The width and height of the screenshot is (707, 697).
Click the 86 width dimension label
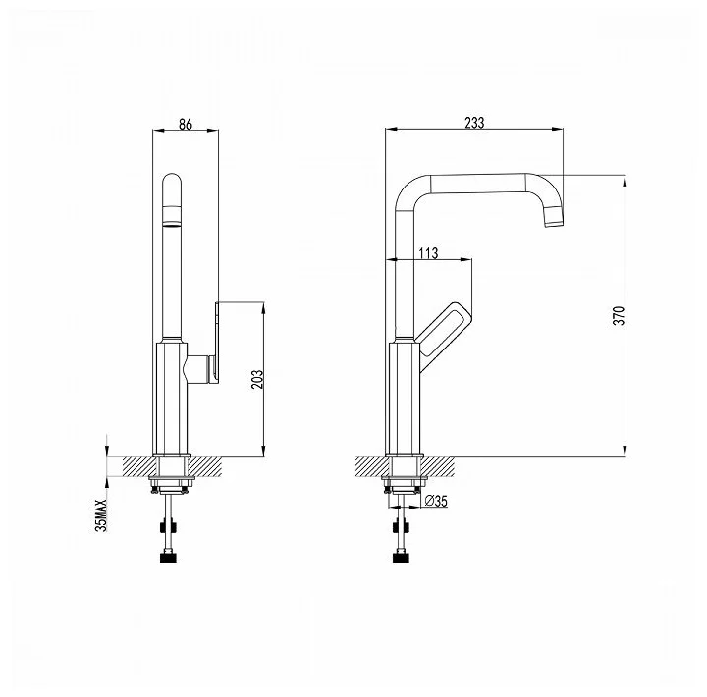(x=186, y=124)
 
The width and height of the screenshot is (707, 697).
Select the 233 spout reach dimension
(x=474, y=123)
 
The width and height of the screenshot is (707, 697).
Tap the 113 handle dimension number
(x=428, y=253)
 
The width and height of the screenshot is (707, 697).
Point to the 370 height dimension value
(x=620, y=315)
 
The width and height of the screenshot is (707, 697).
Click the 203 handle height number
(x=256, y=380)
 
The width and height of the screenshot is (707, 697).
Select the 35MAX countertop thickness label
(x=101, y=515)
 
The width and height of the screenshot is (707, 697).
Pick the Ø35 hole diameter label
(x=436, y=501)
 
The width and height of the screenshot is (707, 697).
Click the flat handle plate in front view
(x=217, y=343)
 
